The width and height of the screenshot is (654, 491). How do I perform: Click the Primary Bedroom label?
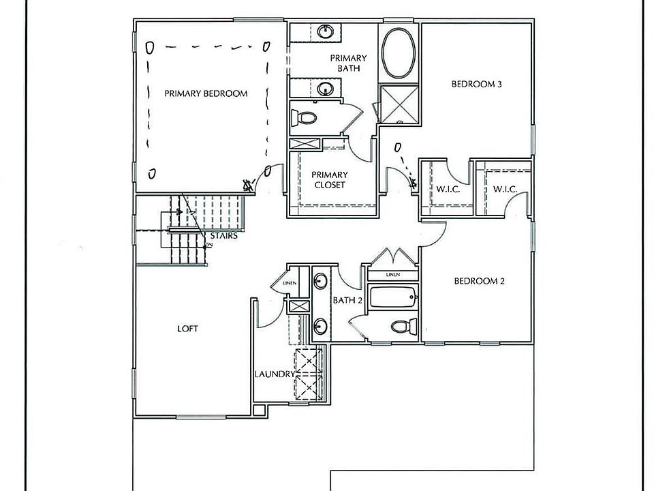(205, 93)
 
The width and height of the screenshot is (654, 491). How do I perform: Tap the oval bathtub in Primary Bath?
(397, 55)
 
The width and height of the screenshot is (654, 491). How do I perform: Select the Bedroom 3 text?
(477, 85)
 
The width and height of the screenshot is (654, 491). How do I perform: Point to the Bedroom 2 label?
(478, 281)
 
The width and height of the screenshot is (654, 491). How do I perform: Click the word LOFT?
(187, 329)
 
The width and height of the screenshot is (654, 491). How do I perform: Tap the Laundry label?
(275, 374)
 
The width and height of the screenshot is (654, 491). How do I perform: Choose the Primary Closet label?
(330, 179)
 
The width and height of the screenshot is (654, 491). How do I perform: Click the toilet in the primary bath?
(305, 118)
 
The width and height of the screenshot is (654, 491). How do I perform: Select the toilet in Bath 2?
(405, 327)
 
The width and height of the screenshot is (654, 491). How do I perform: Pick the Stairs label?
(223, 235)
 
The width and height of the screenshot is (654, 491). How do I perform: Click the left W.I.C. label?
(447, 189)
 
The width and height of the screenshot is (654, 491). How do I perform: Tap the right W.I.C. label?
(505, 188)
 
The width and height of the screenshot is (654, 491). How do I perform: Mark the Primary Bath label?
(349, 63)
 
